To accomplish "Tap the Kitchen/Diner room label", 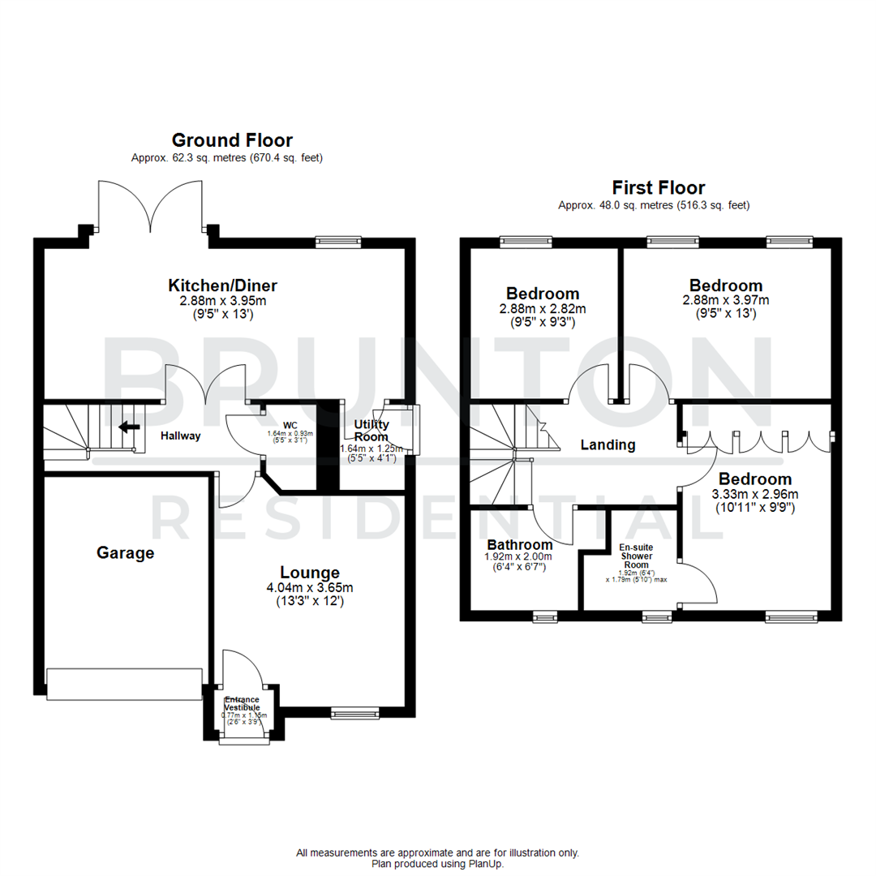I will point(222,286).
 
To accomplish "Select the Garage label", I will point(125,553).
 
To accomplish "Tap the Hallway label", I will point(179,436).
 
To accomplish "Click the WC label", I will point(290,424).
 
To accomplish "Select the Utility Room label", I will point(371,431).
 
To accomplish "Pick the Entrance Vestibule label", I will point(242,703).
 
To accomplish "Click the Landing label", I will point(608,444).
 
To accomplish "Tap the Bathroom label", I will point(519,544).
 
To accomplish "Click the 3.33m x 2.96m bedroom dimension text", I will point(754,495).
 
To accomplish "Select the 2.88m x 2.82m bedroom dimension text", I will point(543,309).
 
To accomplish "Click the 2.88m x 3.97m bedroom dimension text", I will point(725,300).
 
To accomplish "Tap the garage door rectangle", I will point(124,684).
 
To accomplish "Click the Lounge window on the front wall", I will point(354,713).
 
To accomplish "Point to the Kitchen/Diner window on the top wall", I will point(338,241).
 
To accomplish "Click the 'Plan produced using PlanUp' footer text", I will point(437,864).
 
